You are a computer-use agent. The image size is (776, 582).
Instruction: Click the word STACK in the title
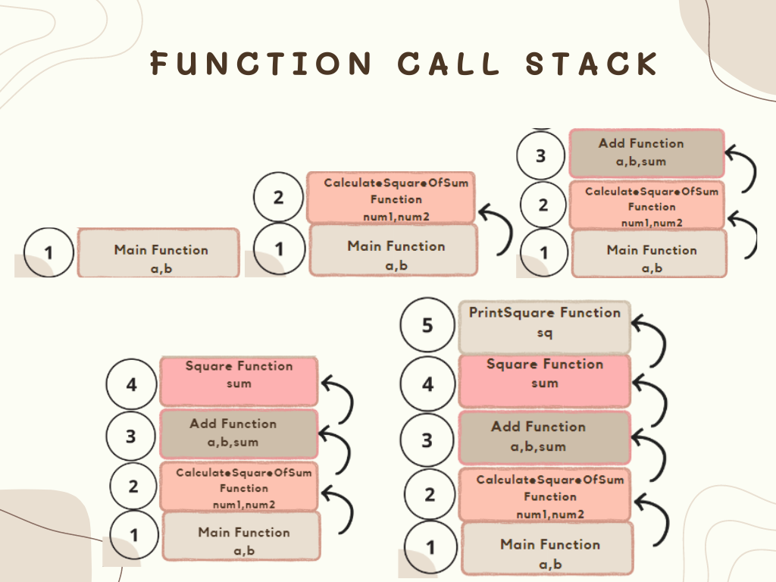tap(592, 63)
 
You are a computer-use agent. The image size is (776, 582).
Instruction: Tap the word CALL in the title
tap(449, 63)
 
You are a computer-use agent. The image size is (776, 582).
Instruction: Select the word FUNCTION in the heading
tap(261, 63)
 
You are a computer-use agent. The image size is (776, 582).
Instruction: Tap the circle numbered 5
tap(427, 325)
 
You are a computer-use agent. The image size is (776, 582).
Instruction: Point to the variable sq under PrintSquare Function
tap(545, 333)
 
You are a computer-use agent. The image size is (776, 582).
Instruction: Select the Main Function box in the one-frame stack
tap(158, 253)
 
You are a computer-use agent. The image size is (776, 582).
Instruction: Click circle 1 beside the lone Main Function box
tap(49, 252)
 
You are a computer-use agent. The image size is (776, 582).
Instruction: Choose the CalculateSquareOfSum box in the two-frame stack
tap(391, 198)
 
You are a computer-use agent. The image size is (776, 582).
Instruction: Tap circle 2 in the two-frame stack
tap(279, 198)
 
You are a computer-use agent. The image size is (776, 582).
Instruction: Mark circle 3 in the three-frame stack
tap(540, 156)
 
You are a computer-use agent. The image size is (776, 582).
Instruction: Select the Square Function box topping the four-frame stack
tap(239, 380)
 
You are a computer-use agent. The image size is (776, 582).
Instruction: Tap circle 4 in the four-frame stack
tap(132, 384)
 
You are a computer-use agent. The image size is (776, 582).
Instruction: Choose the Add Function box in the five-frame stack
tap(545, 437)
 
